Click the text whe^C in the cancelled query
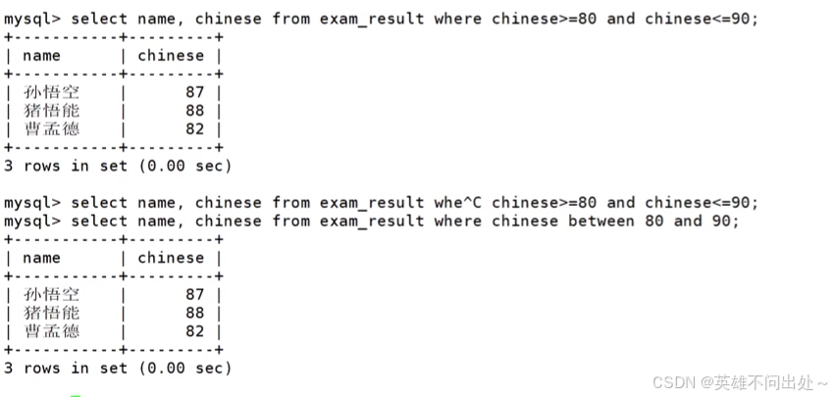tap(458, 203)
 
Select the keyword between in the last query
tap(601, 222)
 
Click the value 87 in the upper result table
tap(194, 92)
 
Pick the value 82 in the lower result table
tap(194, 331)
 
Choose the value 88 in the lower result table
tap(194, 313)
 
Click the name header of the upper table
tap(41, 56)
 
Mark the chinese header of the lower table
tap(171, 258)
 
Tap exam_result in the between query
tap(372, 222)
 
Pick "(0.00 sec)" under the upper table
tap(184, 166)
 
